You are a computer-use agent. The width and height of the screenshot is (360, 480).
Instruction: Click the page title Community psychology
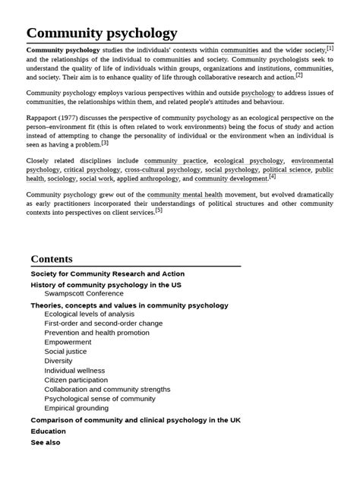pyautogui.click(x=102, y=33)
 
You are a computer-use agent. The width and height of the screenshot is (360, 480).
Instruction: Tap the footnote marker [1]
pyautogui.click(x=330, y=48)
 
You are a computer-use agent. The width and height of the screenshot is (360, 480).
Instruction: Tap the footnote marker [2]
pyautogui.click(x=299, y=74)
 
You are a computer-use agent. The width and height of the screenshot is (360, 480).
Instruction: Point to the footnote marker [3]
pyautogui.click(x=105, y=142)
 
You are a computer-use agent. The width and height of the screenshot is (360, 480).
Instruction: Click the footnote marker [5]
pyautogui.click(x=159, y=210)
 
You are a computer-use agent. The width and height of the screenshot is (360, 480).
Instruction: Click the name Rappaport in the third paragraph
pyautogui.click(x=45, y=118)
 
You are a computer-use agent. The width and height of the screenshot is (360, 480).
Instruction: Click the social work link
pyautogui.click(x=96, y=179)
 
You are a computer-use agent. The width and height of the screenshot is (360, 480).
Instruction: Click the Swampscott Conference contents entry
pyautogui.click(x=84, y=293)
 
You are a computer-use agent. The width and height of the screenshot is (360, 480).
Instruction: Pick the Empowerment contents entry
pyautogui.click(x=68, y=342)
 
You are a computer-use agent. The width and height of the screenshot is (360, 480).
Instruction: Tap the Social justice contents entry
pyautogui.click(x=65, y=352)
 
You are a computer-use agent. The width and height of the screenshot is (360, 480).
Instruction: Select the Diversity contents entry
pyautogui.click(x=58, y=361)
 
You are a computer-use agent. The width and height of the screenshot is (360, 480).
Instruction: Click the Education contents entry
pyautogui.click(x=48, y=431)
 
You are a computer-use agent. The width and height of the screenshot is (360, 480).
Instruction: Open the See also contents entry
pyautogui.click(x=46, y=442)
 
